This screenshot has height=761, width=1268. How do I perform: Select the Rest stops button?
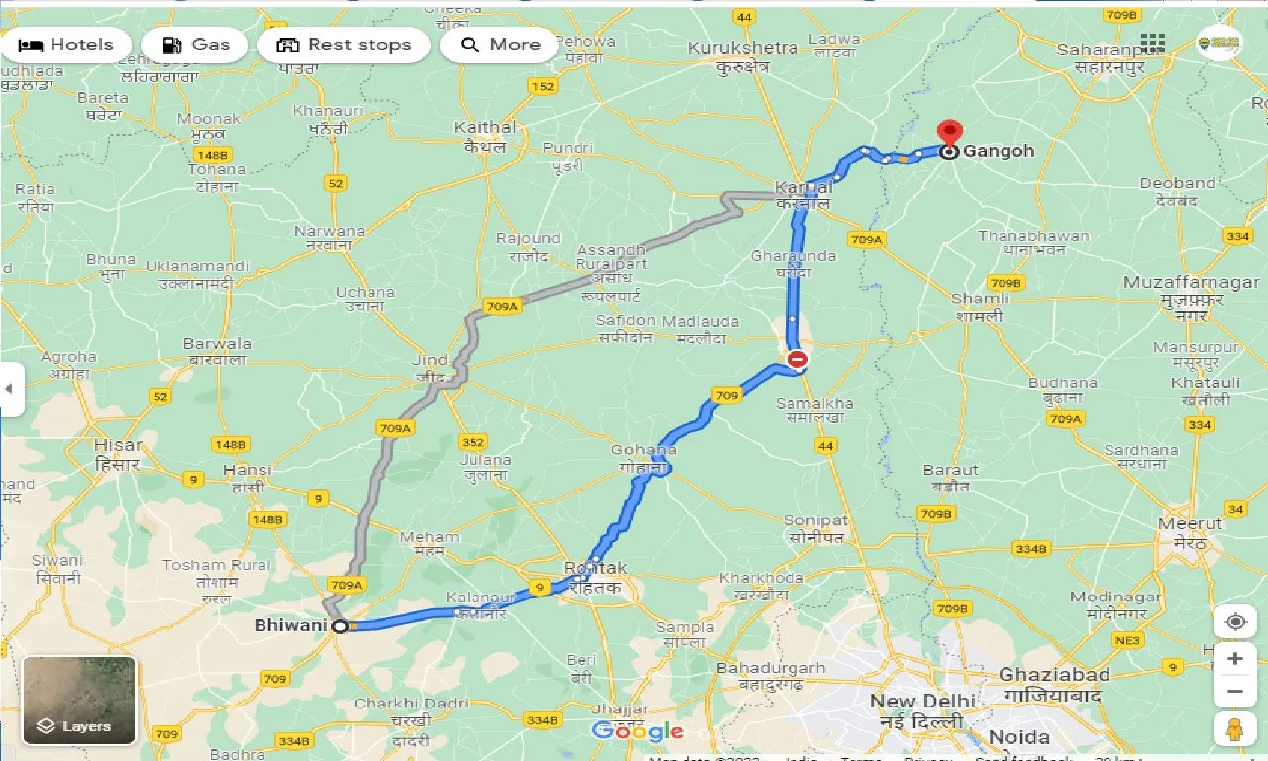[343, 45]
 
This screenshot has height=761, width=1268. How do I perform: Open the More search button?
[499, 45]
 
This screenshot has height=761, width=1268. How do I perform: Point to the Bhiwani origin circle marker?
[340, 626]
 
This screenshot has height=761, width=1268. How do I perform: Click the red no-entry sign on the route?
[796, 359]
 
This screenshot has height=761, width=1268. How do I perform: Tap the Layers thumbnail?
[79, 701]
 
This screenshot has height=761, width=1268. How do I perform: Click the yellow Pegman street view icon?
[1234, 729]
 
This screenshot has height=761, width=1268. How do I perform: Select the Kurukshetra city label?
[743, 48]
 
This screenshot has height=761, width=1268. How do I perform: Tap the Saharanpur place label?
[1101, 50]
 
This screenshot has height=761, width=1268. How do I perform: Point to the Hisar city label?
[118, 446]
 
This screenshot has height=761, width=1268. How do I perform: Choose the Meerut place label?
[1190, 523]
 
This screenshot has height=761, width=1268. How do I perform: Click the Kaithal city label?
[484, 128]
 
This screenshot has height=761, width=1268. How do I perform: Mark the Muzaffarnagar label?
[1191, 283]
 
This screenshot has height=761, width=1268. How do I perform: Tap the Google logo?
[637, 732]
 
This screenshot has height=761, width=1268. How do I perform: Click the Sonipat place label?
[815, 521]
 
